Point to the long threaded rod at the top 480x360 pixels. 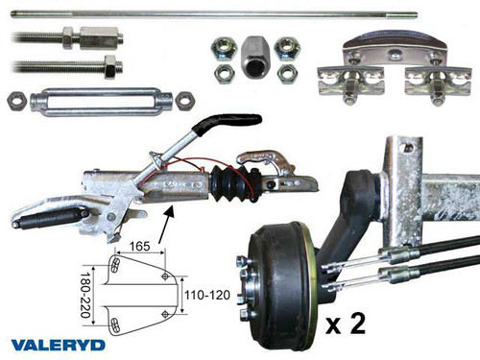tap(211, 13)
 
